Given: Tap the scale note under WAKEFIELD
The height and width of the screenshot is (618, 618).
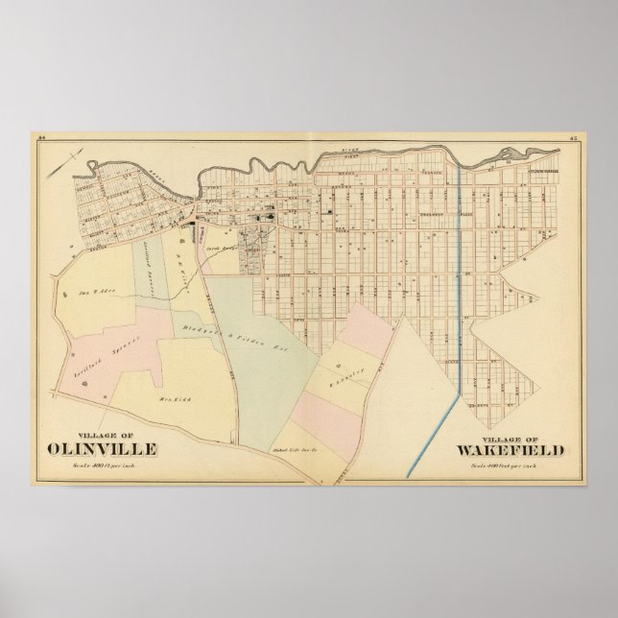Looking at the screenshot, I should coord(507,439).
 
